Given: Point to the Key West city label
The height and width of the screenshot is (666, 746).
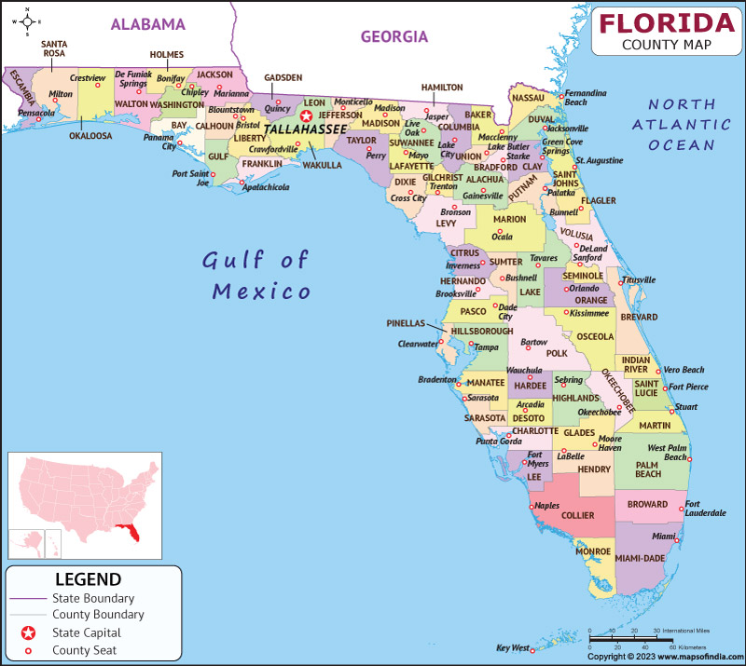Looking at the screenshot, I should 512,647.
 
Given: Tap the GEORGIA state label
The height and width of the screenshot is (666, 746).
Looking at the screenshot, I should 394,37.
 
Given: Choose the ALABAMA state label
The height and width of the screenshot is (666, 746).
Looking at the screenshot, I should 147,24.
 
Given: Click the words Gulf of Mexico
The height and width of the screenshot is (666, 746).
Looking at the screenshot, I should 256,275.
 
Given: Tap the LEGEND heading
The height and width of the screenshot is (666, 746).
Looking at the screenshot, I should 88,579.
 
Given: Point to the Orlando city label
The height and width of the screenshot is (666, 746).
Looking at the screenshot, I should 584,288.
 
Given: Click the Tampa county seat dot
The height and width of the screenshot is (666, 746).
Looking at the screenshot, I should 472,347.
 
